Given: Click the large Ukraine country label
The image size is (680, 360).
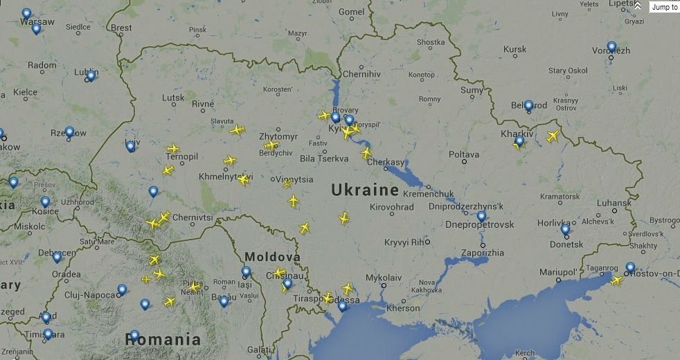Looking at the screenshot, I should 365,190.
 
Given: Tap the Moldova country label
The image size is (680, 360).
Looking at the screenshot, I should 272,257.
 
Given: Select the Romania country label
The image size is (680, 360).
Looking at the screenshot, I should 163,339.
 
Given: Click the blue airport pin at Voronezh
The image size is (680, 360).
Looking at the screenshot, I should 611,47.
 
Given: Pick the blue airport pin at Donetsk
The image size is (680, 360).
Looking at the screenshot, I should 565,229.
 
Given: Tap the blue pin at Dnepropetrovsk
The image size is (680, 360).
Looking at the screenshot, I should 481,217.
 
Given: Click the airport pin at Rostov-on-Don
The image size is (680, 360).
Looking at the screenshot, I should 630,267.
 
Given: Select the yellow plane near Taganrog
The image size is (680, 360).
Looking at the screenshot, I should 616,280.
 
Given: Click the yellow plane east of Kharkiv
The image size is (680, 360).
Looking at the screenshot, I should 553,136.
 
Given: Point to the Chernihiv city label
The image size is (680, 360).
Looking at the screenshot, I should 362,73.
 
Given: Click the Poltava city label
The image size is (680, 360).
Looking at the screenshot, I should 464,154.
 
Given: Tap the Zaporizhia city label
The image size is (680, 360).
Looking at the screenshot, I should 482,253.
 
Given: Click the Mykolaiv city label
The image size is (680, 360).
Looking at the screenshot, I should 384,278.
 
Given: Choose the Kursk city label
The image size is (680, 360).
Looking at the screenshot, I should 515,49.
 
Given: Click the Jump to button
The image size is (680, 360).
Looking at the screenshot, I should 664,7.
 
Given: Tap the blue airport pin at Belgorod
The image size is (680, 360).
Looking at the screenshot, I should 528,106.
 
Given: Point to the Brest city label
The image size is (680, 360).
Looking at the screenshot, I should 121,28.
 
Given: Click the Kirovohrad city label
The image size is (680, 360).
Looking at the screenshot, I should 392,206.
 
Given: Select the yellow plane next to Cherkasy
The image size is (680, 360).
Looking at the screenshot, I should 366,153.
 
